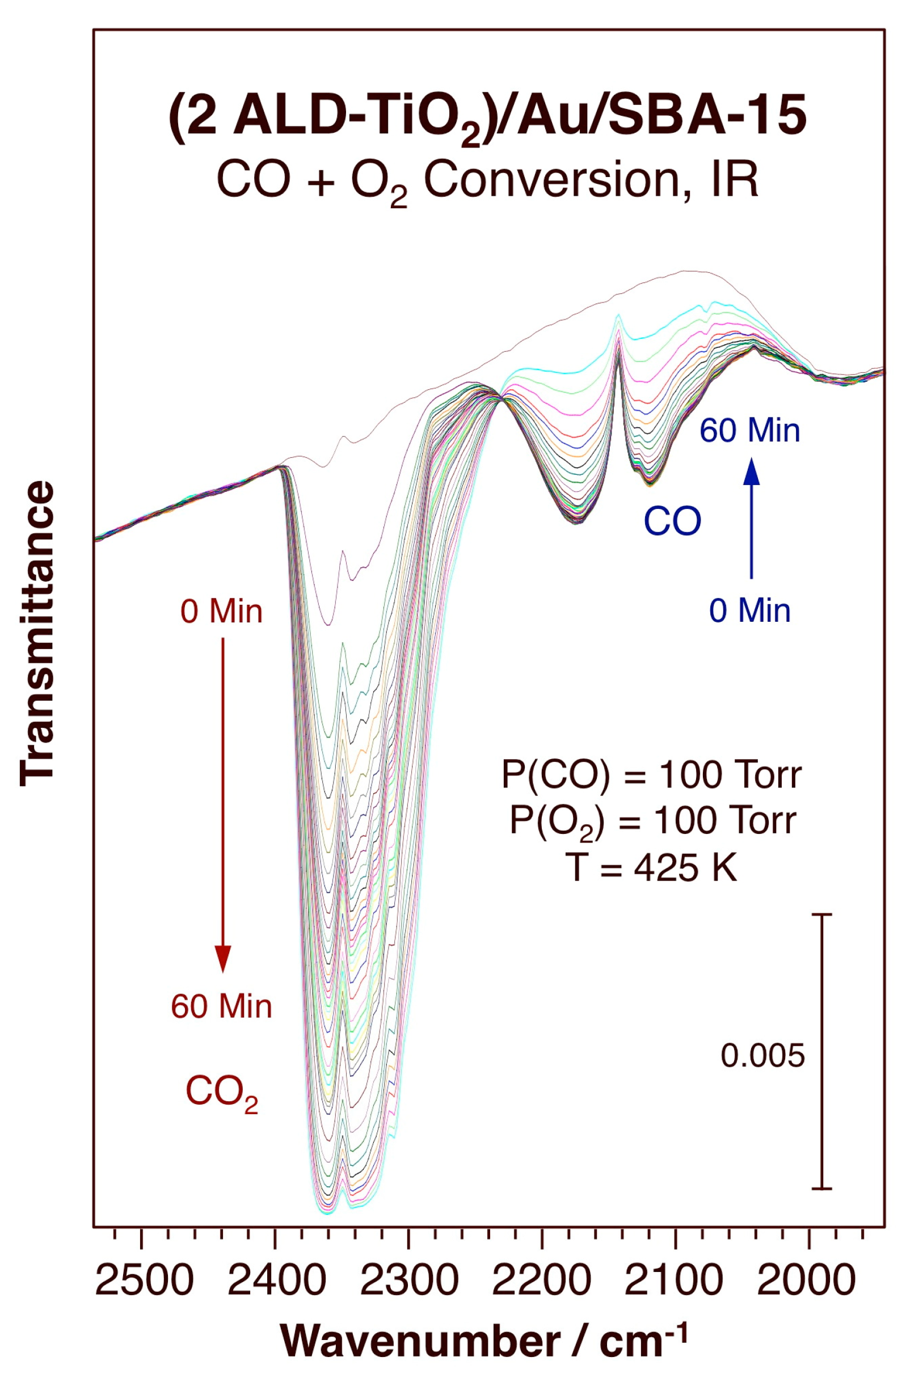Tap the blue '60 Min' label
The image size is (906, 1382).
click(750, 431)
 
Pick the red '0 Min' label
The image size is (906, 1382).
click(221, 612)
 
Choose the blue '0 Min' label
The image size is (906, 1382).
click(750, 611)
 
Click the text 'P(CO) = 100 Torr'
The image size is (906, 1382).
click(652, 775)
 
